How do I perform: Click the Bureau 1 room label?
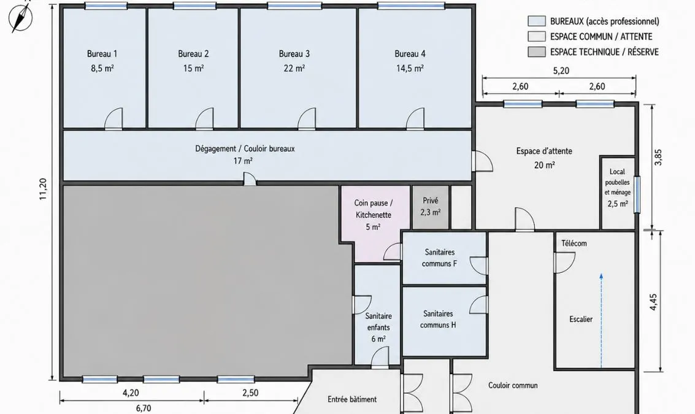[102, 54]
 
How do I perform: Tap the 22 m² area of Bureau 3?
[294, 68]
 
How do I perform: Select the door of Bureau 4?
[415, 118]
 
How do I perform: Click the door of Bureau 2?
[204, 118]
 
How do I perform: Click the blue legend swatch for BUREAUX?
[536, 21]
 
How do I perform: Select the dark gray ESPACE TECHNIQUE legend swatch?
[536, 52]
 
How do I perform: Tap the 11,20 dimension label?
[43, 190]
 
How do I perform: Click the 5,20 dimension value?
[561, 71]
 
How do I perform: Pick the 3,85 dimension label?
[658, 157]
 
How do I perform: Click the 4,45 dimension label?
[653, 302]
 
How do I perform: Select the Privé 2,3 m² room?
[431, 207]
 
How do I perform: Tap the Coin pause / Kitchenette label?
[373, 209]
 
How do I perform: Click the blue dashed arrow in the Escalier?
[601, 321]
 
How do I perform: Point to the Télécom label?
[574, 243]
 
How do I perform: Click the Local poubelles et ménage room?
[618, 193]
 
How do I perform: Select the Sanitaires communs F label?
[439, 258]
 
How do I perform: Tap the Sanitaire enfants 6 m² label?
[378, 328]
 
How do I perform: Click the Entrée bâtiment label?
[352, 399]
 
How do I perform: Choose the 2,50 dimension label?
[250, 393]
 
